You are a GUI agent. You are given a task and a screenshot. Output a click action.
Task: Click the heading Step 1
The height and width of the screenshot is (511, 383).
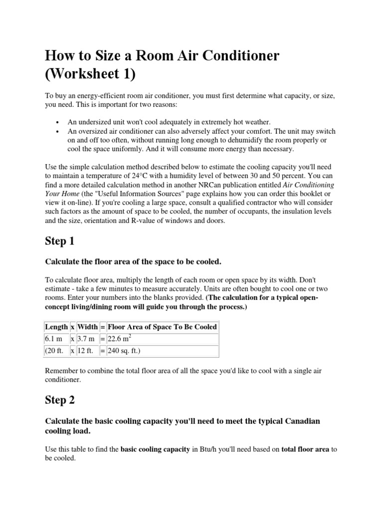tap(59, 242)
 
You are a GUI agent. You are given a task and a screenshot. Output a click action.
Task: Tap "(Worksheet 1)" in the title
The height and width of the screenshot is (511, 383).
tap(90, 75)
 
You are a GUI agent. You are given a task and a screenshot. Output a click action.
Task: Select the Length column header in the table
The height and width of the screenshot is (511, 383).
tap(56, 327)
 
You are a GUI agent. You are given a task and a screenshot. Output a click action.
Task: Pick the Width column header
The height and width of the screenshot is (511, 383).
tap(88, 327)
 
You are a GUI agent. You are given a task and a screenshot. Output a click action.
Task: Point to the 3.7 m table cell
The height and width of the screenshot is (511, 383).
tap(87, 339)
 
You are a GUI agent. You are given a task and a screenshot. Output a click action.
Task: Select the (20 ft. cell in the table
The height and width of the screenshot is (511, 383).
tap(55, 351)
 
